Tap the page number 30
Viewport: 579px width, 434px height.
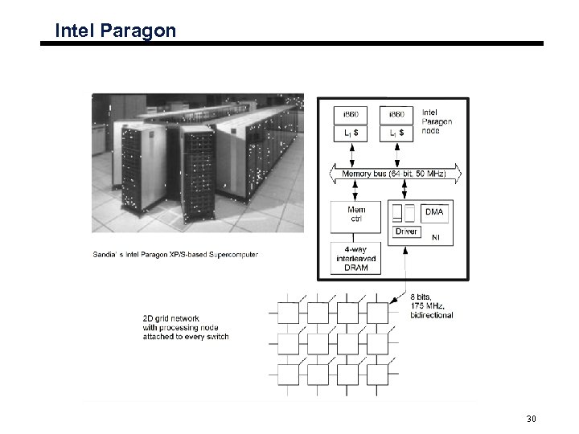click(531, 420)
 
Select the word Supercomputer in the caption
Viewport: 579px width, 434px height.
click(233, 255)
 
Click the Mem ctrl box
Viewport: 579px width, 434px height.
click(355, 215)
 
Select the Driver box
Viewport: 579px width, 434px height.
click(406, 231)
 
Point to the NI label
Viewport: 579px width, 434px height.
click(436, 237)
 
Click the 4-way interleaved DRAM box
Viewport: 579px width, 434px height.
click(355, 259)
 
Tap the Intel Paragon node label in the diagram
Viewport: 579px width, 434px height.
click(437, 121)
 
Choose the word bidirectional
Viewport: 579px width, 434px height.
click(432, 315)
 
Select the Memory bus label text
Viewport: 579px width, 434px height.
click(366, 173)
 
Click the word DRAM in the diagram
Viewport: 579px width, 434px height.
click(355, 268)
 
